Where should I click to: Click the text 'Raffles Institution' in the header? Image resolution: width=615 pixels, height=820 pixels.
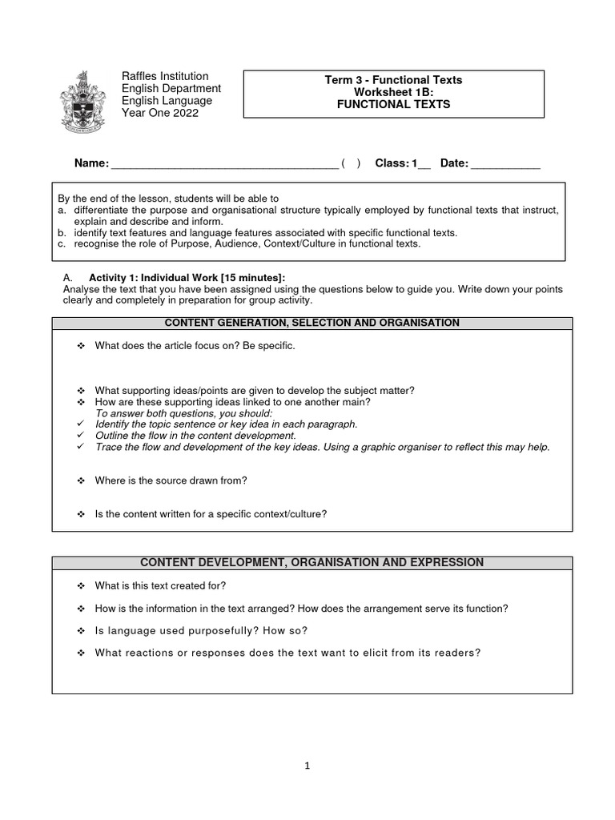click(164, 76)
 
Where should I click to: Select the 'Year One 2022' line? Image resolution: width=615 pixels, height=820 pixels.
click(159, 113)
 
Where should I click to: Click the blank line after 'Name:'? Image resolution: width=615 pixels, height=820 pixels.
click(223, 164)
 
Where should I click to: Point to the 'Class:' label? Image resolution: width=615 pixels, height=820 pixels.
click(392, 163)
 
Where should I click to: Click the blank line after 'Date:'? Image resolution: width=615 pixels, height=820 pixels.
click(505, 164)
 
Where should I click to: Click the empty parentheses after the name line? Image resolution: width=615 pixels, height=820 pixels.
click(351, 163)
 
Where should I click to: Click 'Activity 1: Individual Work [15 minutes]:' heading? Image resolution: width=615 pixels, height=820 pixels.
click(187, 277)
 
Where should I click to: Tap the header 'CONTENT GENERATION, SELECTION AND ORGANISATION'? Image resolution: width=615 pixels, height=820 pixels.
click(312, 323)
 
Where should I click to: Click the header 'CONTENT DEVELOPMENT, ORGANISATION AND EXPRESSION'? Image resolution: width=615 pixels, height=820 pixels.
click(312, 563)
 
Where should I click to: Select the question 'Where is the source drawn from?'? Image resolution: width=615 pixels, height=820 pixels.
click(171, 480)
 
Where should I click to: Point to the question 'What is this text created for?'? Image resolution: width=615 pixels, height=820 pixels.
click(160, 585)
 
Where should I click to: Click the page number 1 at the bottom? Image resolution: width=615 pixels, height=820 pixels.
click(307, 766)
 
